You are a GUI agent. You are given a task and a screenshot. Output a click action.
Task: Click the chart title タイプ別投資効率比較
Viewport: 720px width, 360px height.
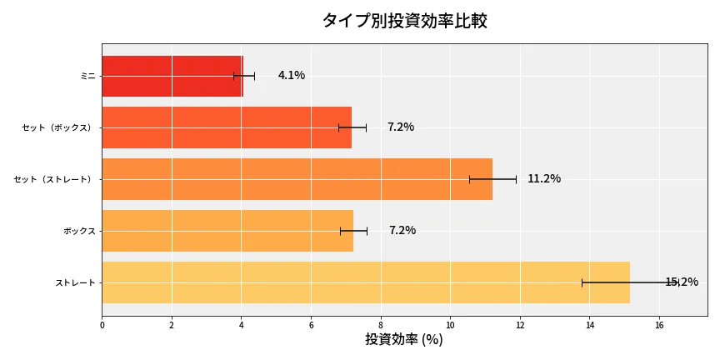404,21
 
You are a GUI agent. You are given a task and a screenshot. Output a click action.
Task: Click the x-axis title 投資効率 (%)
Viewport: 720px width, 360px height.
404,340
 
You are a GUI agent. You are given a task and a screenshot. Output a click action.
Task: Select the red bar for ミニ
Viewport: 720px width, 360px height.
172,76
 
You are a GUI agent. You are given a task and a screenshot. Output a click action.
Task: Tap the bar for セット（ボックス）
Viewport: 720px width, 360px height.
226,127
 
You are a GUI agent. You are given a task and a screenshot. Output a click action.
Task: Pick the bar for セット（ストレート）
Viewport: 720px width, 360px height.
297,179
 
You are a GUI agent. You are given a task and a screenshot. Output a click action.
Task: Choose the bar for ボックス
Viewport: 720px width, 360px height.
227,231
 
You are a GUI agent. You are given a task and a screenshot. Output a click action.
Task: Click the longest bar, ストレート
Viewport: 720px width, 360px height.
365,282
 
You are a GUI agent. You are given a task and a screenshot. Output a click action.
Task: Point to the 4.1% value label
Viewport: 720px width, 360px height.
292,76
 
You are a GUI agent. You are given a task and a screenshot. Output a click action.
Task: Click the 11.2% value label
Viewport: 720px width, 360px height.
544,179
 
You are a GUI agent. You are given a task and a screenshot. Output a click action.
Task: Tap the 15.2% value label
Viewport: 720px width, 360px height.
682,282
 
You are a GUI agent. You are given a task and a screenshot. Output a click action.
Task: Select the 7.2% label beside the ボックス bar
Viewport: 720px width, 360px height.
402,231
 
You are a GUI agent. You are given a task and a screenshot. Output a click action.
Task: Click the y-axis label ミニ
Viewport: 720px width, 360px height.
87,76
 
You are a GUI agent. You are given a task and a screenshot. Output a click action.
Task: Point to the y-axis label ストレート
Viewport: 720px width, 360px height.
75,282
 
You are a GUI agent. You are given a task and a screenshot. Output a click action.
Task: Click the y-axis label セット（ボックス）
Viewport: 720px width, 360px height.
57,127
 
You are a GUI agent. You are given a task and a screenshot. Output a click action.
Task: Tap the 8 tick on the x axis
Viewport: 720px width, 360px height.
381,325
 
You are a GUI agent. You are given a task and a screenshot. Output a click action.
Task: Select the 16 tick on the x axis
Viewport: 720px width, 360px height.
659,325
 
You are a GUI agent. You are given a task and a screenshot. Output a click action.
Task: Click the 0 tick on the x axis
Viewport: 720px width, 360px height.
102,325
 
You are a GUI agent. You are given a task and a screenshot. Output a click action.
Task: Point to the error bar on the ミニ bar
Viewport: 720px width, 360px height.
244,76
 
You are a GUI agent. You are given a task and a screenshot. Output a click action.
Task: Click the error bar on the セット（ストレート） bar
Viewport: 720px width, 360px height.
492,179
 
